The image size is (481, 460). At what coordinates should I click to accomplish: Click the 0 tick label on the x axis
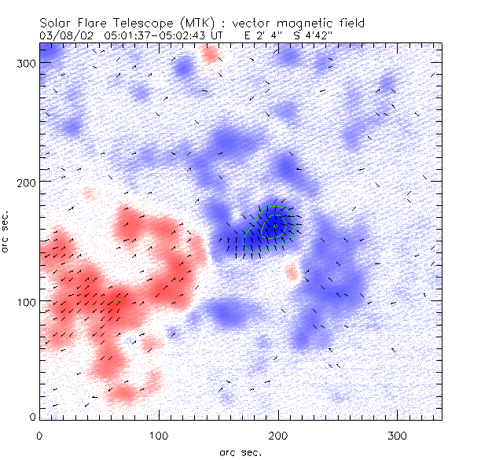click(x=39, y=435)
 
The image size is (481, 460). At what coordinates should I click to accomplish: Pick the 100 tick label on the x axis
click(x=159, y=435)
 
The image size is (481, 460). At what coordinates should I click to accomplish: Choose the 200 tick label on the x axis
click(x=277, y=435)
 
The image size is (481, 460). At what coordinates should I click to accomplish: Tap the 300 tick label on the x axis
click(x=397, y=435)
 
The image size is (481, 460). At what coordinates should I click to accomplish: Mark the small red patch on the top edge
click(x=210, y=54)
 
